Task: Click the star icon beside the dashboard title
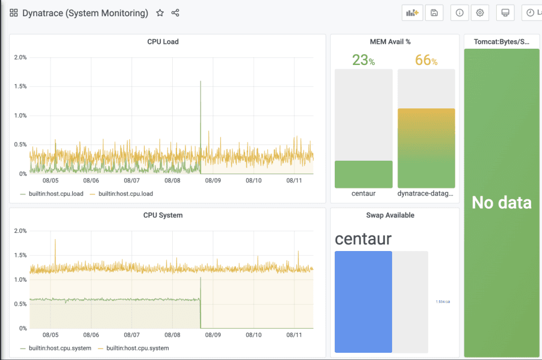point(160,13)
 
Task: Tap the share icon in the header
point(175,13)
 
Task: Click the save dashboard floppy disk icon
point(434,13)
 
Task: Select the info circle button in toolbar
point(459,13)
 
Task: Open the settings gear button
point(480,13)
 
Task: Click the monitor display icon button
point(505,13)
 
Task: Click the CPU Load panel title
point(163,42)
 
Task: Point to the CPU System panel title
point(163,215)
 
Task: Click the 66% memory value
point(426,60)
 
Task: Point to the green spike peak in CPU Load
point(200,82)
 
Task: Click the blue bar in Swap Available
point(363,301)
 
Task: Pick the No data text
point(501,203)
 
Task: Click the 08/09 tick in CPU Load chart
point(213,180)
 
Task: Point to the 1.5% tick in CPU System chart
point(20,255)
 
